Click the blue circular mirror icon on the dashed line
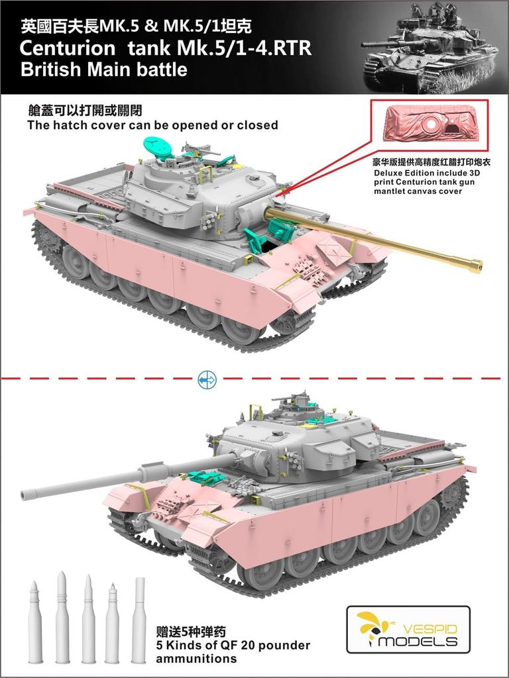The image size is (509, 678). point(207,379)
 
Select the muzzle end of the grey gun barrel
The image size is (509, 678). point(27,493)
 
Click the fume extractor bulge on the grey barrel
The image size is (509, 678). point(146,473)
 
